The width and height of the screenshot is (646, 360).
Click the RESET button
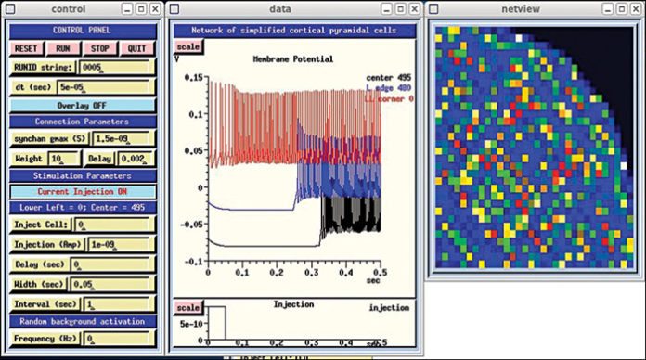click(x=26, y=48)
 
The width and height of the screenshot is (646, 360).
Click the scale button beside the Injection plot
click(x=188, y=307)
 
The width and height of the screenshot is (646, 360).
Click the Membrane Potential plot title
click(x=293, y=58)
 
